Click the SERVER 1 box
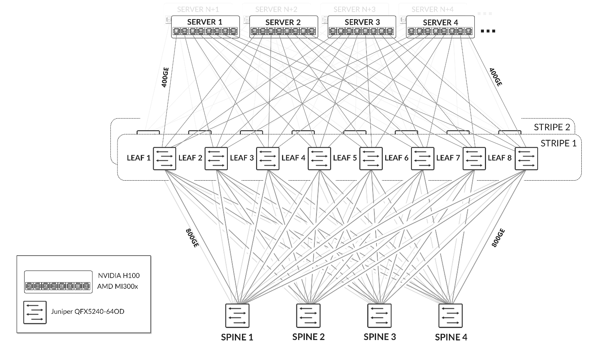205,27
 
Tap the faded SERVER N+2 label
276,9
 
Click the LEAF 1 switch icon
164,159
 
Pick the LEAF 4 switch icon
319,159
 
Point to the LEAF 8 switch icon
526,159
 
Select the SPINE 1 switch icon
237,316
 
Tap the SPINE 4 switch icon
451,316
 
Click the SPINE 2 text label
308,337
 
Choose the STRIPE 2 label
552,127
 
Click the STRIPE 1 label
558,144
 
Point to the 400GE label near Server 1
165,77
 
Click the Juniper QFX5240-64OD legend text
87,311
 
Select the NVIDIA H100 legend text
119,276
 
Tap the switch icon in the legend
35,312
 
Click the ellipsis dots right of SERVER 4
488,31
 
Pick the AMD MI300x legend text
117,286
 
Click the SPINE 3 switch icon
379,316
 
